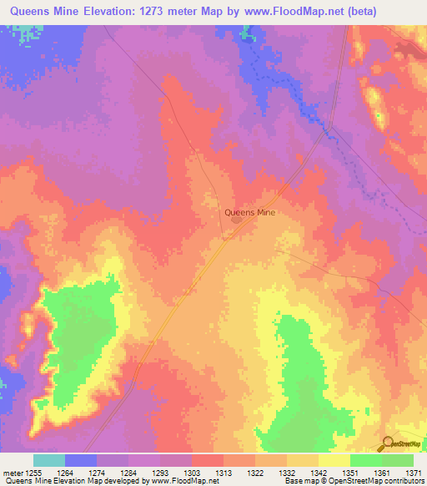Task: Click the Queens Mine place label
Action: [x=249, y=212]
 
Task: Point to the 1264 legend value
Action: [x=73, y=472]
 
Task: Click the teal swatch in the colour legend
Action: [x=49, y=460]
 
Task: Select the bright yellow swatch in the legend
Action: [x=334, y=460]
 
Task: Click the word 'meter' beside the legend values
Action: [x=13, y=472]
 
